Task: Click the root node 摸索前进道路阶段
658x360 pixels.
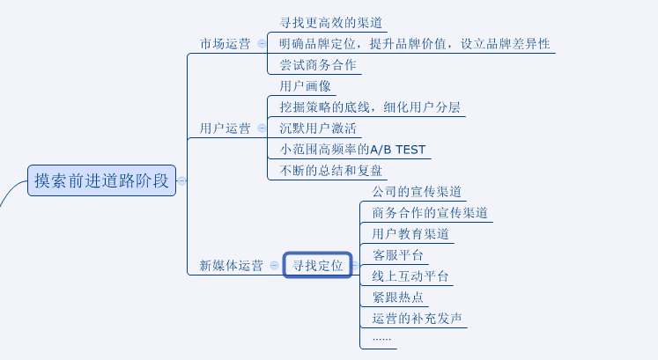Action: [101, 180]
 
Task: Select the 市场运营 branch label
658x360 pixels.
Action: [225, 43]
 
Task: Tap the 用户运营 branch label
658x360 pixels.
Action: [225, 129]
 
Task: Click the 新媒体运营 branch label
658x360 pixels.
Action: [231, 265]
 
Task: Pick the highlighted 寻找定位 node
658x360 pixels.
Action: [318, 265]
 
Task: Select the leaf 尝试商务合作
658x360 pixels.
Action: [319, 65]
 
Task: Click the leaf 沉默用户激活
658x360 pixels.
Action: [318, 129]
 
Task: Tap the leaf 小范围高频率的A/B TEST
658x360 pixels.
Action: [352, 150]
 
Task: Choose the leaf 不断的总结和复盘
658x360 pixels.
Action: [331, 171]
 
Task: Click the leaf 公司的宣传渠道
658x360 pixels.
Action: [417, 192]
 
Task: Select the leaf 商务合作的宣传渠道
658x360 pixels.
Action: [430, 213]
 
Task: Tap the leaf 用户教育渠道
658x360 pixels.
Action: [410, 234]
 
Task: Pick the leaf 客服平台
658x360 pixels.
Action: [398, 255]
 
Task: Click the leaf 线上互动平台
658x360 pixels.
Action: [410, 276]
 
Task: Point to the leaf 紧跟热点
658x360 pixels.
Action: [398, 298]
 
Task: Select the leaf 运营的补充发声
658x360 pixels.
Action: [417, 319]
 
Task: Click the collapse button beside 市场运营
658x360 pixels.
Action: [262, 43]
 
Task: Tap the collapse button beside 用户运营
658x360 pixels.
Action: [262, 129]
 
